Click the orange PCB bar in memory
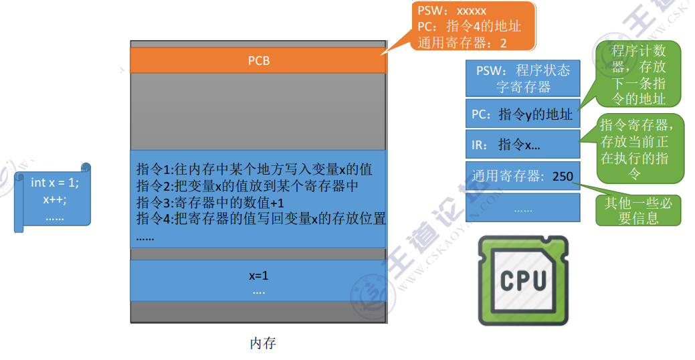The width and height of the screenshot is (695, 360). (258, 60)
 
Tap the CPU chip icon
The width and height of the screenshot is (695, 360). (523, 280)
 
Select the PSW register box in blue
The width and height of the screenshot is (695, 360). (522, 78)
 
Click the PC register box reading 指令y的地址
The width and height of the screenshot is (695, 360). (522, 114)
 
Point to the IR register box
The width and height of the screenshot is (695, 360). (522, 144)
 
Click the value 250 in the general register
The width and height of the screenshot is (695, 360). (563, 177)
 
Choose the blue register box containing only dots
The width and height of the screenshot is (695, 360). (522, 207)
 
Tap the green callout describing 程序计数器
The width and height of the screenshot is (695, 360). (638, 74)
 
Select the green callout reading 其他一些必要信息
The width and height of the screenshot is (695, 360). (638, 210)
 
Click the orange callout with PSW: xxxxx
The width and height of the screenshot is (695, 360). (474, 26)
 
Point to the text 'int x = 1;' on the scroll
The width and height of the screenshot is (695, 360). (55, 182)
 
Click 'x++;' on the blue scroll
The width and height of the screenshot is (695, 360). (55, 199)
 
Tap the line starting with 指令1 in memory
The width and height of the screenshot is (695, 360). (254, 169)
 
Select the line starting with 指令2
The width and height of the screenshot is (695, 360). (247, 186)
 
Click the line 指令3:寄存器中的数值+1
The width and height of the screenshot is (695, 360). (210, 203)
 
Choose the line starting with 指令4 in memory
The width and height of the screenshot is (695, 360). (261, 219)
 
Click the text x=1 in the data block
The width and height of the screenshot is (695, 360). (258, 276)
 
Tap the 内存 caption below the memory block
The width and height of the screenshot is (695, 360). (263, 343)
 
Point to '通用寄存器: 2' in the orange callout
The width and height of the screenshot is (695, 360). (462, 43)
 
